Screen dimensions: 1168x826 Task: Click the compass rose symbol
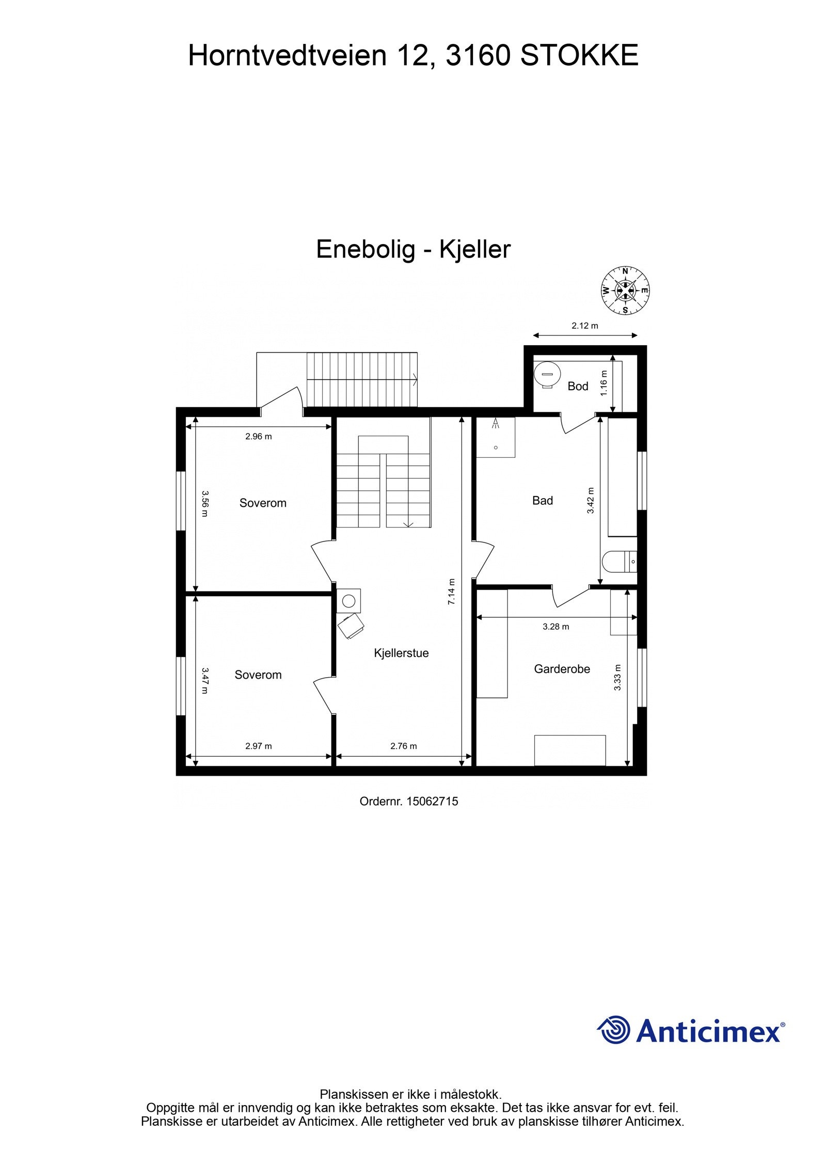[x=625, y=290]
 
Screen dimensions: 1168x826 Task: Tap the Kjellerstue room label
[x=401, y=653]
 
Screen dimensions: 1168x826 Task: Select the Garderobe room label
[x=562, y=669]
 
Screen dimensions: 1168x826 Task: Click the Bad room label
[x=542, y=500]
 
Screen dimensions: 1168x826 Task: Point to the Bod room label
[x=578, y=386]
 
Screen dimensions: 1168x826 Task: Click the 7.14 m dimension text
[x=451, y=591]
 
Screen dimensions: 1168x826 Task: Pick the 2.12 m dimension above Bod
[x=584, y=326]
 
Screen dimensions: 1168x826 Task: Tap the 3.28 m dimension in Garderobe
[x=555, y=627]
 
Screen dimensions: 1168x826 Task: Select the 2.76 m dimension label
[x=403, y=746]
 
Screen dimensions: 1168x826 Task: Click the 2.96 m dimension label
[x=258, y=436]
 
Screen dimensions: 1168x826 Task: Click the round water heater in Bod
[x=547, y=373]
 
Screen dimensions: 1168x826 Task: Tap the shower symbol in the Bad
[x=496, y=424]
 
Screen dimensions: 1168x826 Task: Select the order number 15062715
[x=432, y=802]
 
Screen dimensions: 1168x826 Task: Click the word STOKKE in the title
[x=579, y=55]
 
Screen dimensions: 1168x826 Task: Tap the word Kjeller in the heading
[x=474, y=249]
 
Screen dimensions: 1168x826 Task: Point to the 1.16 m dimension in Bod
[x=605, y=383]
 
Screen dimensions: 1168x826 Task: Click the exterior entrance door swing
[x=281, y=400]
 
